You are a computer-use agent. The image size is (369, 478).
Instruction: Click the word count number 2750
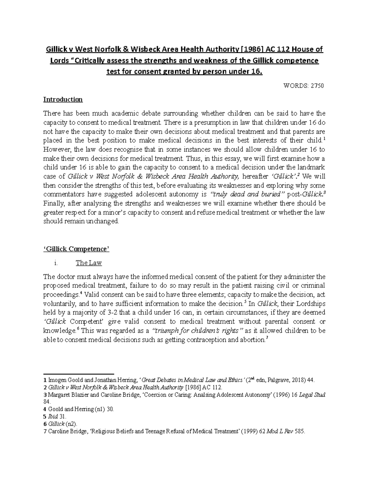(317, 86)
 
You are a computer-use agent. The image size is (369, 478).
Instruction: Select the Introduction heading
(63, 100)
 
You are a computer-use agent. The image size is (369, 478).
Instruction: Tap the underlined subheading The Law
(89, 263)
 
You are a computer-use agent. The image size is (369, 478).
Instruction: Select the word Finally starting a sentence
(53, 203)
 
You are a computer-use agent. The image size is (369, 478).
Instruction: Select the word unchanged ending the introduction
(103, 221)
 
